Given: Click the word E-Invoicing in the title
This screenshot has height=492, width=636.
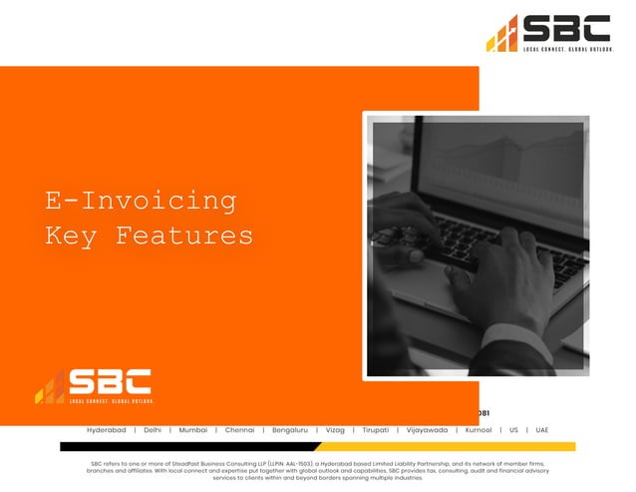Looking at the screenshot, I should [x=141, y=201].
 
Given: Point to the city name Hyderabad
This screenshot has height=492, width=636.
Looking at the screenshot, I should [x=107, y=430].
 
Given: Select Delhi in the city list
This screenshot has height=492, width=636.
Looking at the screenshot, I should [x=153, y=430].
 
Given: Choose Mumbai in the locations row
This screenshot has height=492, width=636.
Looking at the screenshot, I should [x=193, y=430].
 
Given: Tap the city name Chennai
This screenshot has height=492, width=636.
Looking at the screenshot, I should [x=239, y=430].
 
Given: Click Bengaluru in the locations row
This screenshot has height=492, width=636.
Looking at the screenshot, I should [x=290, y=430].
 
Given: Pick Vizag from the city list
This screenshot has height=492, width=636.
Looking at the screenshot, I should [x=335, y=430].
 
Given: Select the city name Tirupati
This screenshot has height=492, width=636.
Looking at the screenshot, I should [x=376, y=430].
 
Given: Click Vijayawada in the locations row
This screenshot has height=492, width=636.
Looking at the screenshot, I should [x=427, y=430].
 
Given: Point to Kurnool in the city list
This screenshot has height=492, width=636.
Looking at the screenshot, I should [x=478, y=430].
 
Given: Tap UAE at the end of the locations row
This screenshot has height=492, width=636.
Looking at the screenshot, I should [x=542, y=430].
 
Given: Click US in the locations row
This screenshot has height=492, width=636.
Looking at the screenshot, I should [x=513, y=430].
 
